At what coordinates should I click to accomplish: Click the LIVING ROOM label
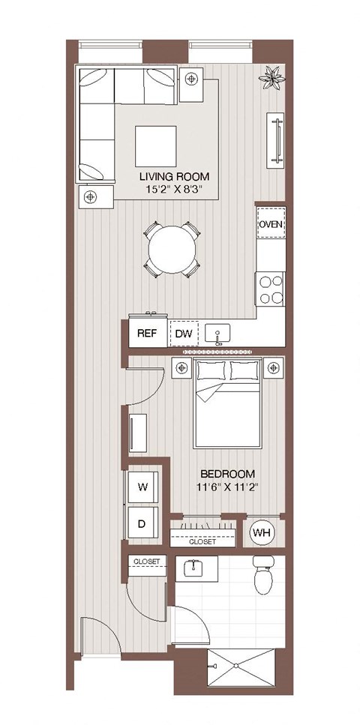point(172,177)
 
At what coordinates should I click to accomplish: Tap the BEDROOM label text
point(227,474)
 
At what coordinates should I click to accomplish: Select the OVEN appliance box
point(271,224)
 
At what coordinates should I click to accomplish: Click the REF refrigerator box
point(146,334)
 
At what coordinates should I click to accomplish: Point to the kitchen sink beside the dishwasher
point(219,334)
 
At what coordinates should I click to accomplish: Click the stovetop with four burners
point(271,289)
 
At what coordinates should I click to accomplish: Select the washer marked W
point(142,486)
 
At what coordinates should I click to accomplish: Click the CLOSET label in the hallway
point(146,561)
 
